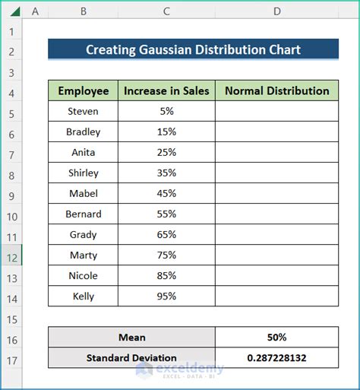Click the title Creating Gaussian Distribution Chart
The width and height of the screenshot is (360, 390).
(x=193, y=50)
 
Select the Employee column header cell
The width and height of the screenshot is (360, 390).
(x=84, y=90)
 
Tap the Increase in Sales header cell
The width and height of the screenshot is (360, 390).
(x=166, y=90)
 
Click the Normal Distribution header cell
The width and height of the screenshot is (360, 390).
(x=277, y=90)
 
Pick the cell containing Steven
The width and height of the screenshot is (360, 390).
(x=84, y=111)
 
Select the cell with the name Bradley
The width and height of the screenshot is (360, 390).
(x=84, y=132)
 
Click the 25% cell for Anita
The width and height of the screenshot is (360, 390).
(x=166, y=152)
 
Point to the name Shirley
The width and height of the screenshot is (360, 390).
(x=84, y=173)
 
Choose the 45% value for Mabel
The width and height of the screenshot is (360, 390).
(x=166, y=193)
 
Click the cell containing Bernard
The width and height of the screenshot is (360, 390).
(x=84, y=214)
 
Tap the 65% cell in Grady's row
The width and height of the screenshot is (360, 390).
(x=166, y=235)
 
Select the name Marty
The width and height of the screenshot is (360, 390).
(x=84, y=255)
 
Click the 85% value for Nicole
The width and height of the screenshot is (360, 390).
(x=166, y=276)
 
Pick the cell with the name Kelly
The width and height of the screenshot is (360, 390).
(x=84, y=296)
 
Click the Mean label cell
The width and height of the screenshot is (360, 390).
(x=131, y=337)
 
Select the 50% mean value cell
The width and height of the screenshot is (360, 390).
(x=277, y=337)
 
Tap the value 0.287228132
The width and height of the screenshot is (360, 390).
(x=277, y=357)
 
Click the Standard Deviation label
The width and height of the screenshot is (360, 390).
(x=131, y=357)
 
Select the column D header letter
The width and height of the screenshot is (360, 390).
(x=277, y=11)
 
